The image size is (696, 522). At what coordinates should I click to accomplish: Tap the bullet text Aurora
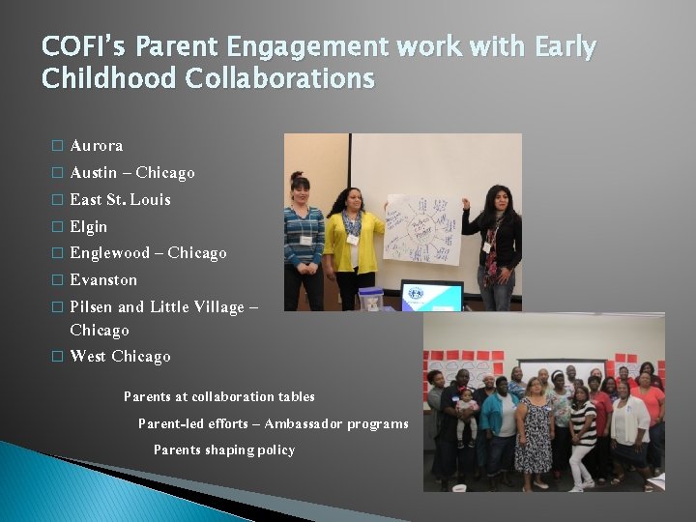[x=97, y=146]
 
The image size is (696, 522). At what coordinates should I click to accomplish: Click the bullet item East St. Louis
[x=120, y=200]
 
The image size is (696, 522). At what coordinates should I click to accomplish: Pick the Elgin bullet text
[x=89, y=227]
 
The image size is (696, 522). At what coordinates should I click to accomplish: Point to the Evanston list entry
[x=103, y=280]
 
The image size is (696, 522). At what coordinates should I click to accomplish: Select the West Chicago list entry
[x=120, y=357]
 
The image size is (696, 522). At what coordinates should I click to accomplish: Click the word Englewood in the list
[x=110, y=253]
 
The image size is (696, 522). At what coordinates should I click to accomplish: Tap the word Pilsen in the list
[x=91, y=307]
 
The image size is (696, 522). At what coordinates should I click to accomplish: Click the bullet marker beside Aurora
[x=56, y=147]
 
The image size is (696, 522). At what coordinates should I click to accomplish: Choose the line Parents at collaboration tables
[x=219, y=397]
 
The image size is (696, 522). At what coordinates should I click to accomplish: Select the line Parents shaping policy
[x=224, y=450]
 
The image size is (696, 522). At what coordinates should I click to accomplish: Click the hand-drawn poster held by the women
[x=421, y=228]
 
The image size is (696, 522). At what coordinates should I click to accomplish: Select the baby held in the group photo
[x=466, y=410]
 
